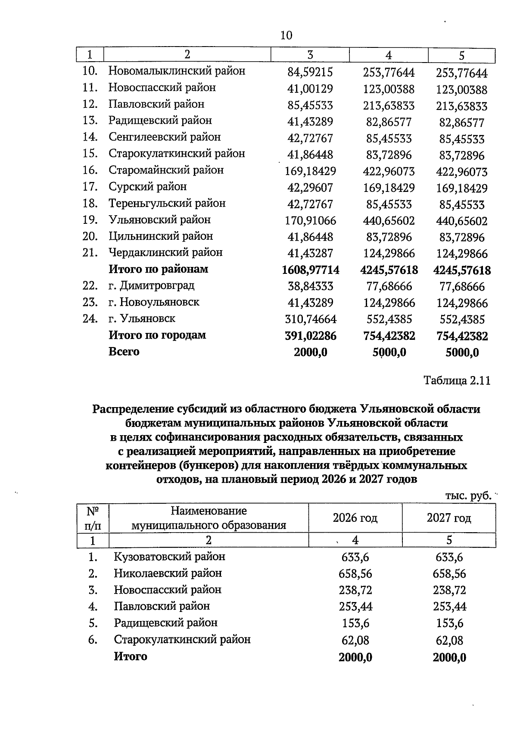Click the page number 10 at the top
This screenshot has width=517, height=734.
pos(286,35)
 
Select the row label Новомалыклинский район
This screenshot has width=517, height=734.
pos(177,71)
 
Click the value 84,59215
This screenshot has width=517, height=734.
pos(310,72)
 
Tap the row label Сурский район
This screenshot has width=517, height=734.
pos(147,187)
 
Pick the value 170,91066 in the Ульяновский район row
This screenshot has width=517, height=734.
pos(310,221)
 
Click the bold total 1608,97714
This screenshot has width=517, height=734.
pos(310,270)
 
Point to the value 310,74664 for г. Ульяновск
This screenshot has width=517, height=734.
pos(310,320)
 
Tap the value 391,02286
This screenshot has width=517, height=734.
pos(310,336)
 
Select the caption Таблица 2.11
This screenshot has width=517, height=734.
pos(457,381)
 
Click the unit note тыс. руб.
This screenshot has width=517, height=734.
pos(468,496)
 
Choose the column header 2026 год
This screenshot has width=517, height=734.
pos(355,518)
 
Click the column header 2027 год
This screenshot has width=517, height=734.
pos(449,518)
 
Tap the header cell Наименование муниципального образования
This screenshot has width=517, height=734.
pos(209,518)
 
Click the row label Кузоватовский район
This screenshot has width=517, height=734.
pos(169,557)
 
